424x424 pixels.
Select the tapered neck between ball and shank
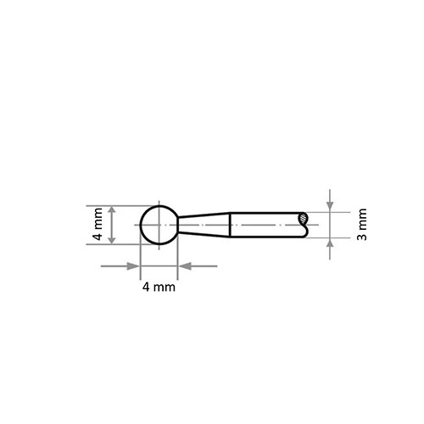point(204,225)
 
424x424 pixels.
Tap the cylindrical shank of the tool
point(267,225)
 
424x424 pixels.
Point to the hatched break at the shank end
point(303,218)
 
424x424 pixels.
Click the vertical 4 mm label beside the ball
point(98,224)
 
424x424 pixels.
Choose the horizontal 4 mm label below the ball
point(159,287)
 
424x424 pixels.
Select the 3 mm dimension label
point(362,225)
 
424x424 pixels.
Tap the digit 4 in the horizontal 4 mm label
point(146,287)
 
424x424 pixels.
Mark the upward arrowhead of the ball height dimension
point(112,210)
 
